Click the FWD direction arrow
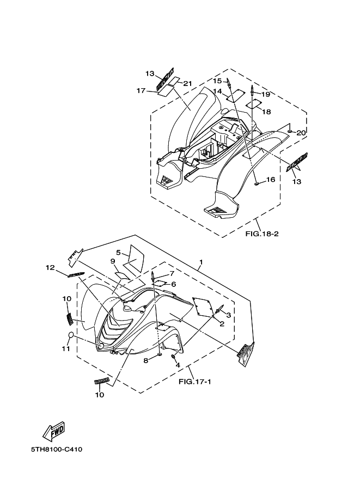click(x=54, y=431)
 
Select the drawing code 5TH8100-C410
click(x=57, y=450)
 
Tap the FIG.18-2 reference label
click(x=262, y=234)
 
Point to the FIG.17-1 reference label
click(x=195, y=382)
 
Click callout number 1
click(x=201, y=262)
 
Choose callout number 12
click(x=50, y=267)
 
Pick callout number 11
click(x=66, y=348)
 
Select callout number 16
click(x=271, y=180)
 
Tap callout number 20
click(x=301, y=133)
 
